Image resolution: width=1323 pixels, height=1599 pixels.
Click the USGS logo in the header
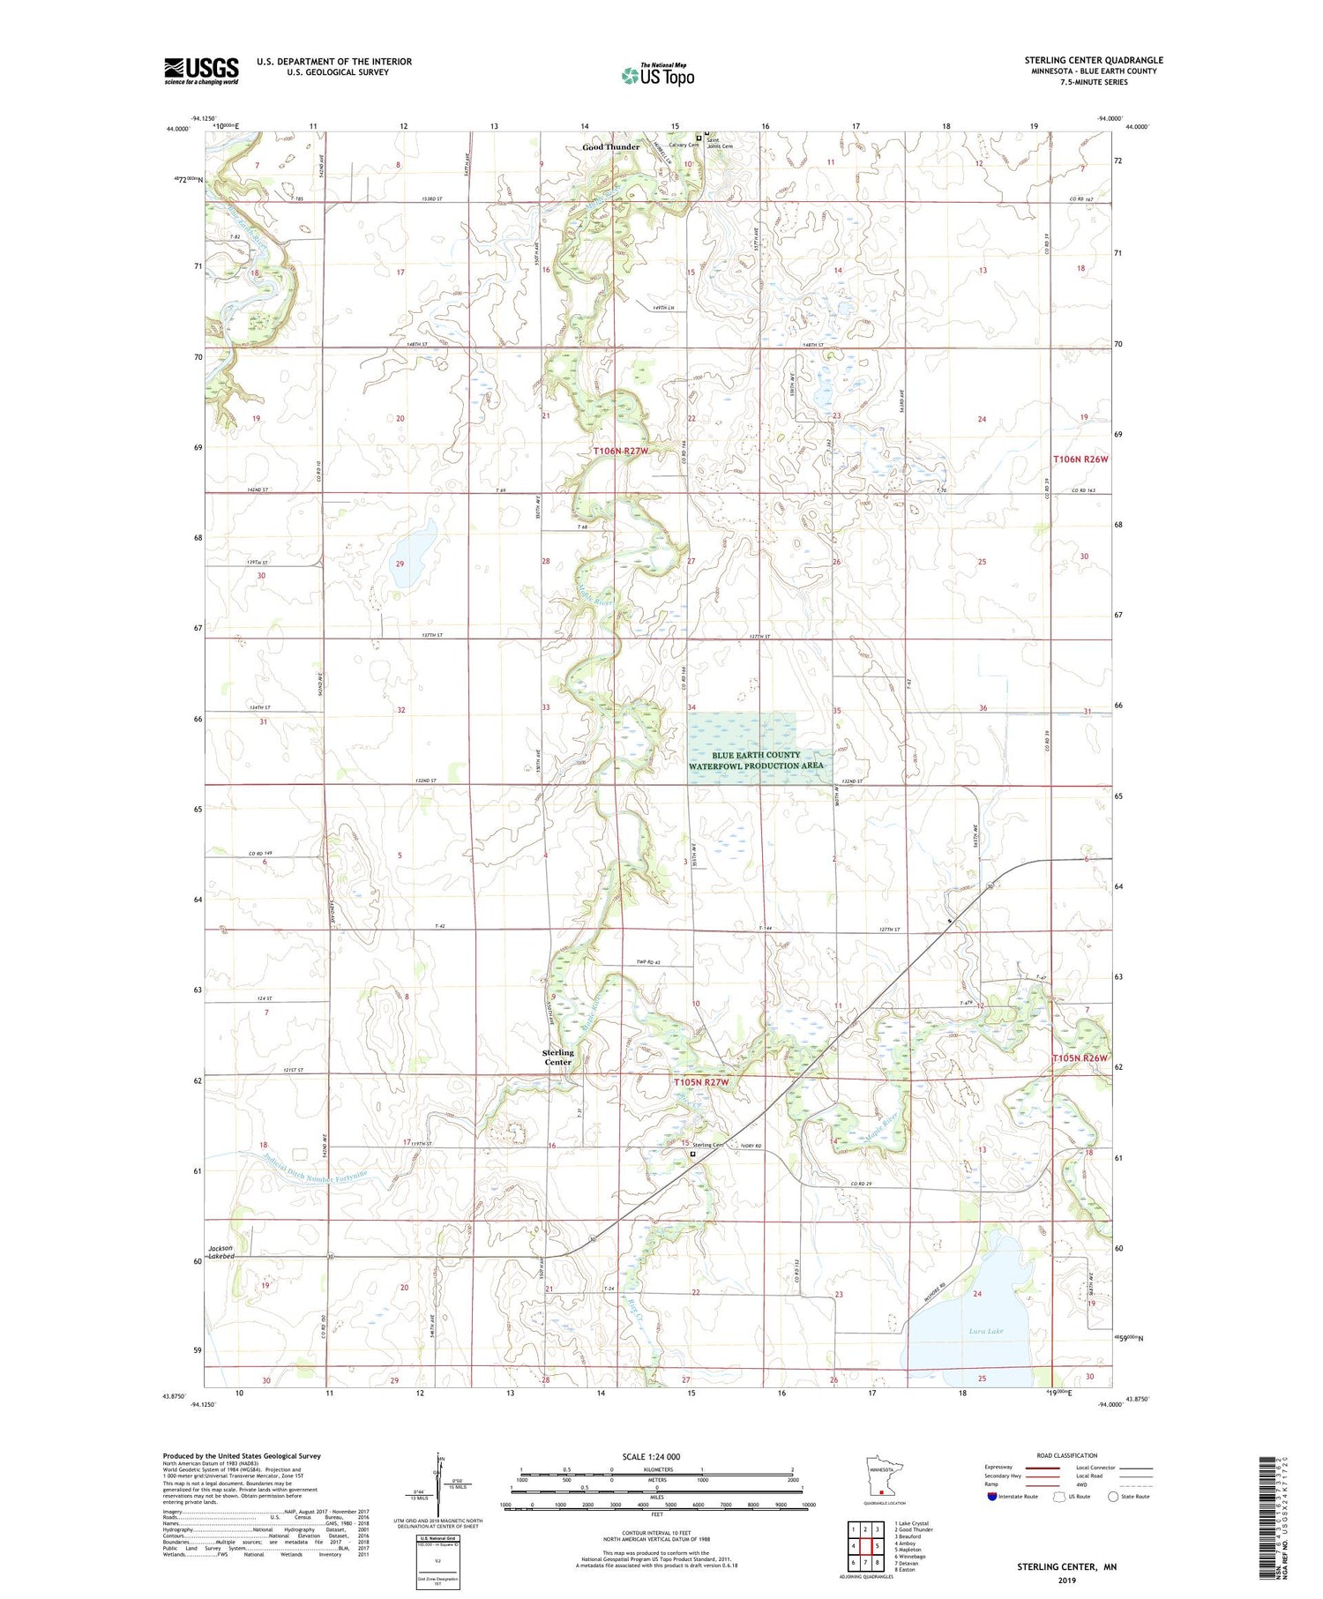point(201,71)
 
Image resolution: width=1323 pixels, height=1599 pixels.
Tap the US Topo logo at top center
point(657,76)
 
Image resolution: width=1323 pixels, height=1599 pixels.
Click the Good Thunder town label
point(610,147)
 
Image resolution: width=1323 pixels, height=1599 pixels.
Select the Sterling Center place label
point(557,1057)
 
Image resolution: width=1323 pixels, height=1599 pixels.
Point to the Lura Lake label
point(985,1331)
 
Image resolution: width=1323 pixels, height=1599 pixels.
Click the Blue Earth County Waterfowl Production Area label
point(757,760)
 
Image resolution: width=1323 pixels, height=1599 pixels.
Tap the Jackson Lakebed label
point(221,1252)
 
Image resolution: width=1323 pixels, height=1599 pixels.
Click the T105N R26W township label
point(1080,1057)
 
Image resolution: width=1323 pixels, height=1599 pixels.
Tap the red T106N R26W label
point(1080,460)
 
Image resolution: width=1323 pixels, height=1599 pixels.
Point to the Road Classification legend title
point(1067,1455)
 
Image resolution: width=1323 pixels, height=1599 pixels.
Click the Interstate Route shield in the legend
point(992,1497)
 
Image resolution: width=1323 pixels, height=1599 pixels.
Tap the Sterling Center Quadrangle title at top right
point(1093,60)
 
